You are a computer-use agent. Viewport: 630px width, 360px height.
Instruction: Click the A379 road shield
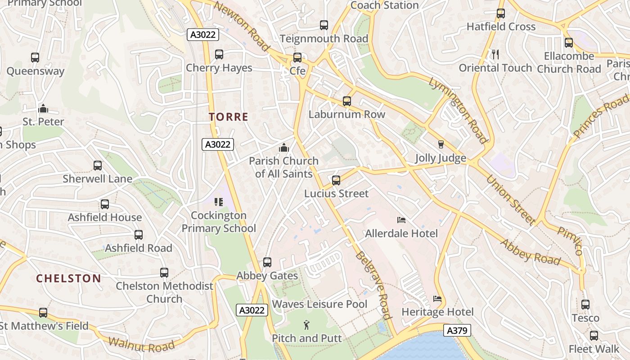pyautogui.click(x=458, y=331)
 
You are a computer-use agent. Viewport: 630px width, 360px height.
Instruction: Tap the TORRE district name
pyautogui.click(x=229, y=117)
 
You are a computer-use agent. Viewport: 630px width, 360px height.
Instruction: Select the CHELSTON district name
pyautogui.click(x=68, y=278)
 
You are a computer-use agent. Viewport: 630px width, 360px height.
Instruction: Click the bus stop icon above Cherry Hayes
pyautogui.click(x=219, y=54)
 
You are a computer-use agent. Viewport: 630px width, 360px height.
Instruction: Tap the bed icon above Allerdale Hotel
pyautogui.click(x=401, y=220)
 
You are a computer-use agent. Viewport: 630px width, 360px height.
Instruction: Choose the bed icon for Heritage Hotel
pyautogui.click(x=437, y=299)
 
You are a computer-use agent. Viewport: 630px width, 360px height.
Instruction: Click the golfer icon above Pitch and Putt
pyautogui.click(x=306, y=324)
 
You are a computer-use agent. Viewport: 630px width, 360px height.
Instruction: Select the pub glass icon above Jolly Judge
pyautogui.click(x=441, y=144)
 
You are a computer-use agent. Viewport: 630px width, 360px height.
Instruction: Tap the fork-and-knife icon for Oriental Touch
pyautogui.click(x=495, y=54)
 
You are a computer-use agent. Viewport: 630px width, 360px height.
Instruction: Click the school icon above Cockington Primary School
pyautogui.click(x=219, y=202)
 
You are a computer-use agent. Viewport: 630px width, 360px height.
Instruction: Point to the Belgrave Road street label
pyautogui.click(x=372, y=285)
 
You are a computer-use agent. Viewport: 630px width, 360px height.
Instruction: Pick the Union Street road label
pyautogui.click(x=510, y=199)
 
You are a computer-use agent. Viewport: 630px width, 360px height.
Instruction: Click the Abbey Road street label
pyautogui.click(x=531, y=252)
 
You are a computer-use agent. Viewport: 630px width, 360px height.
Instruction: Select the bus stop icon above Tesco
pyautogui.click(x=585, y=305)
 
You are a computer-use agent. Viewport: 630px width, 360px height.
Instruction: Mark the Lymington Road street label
pyautogui.click(x=458, y=110)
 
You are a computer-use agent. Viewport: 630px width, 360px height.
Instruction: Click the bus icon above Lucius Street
pyautogui.click(x=336, y=180)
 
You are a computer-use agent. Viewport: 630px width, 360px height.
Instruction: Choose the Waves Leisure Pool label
pyautogui.click(x=319, y=304)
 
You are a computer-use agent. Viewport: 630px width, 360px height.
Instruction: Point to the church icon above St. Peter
pyautogui.click(x=43, y=108)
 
